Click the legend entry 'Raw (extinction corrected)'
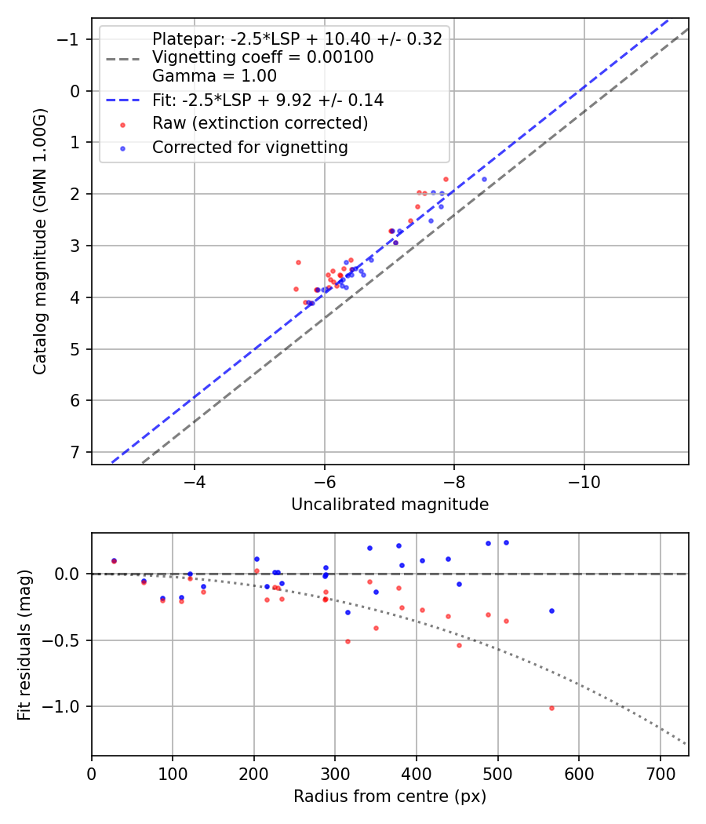coord(260,123)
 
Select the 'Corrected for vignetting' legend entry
coord(250,147)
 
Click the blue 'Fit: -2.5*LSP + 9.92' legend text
coord(267,100)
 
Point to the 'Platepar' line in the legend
coord(297,39)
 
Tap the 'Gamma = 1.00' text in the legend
coord(214,76)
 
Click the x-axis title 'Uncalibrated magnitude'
coord(390,505)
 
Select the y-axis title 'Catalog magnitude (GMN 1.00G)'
coord(40,242)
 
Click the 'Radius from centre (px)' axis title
coord(390,797)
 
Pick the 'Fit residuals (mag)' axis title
coord(24,644)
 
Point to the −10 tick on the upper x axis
coord(584,481)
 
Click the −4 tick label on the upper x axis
coord(195,481)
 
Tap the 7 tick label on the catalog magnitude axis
coord(75,452)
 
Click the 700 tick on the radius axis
coord(660,773)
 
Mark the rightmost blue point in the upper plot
coord(484,179)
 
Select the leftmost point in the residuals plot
coord(114,560)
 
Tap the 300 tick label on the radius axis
coord(335,773)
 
